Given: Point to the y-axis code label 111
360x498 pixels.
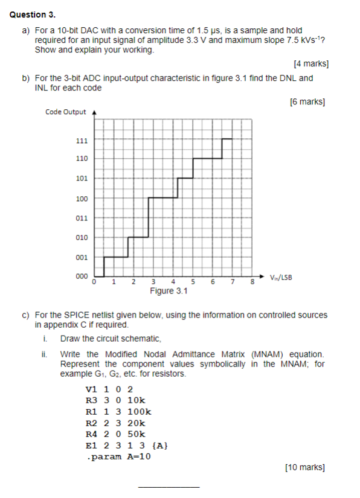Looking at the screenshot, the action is pos(82,141).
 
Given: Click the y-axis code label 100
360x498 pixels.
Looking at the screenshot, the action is pos(82,199).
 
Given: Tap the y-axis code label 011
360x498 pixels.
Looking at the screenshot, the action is pos(82,218).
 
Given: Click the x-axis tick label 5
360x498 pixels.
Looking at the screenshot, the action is pos(193,282).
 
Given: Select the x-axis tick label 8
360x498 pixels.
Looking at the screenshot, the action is pos(253,282).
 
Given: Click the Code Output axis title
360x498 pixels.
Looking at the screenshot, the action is pos(66,112).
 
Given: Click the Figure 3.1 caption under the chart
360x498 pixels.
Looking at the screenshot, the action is pos(169,292).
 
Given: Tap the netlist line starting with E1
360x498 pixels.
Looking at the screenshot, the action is pos(127,445).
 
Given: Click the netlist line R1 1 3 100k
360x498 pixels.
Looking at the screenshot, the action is pos(118,412).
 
